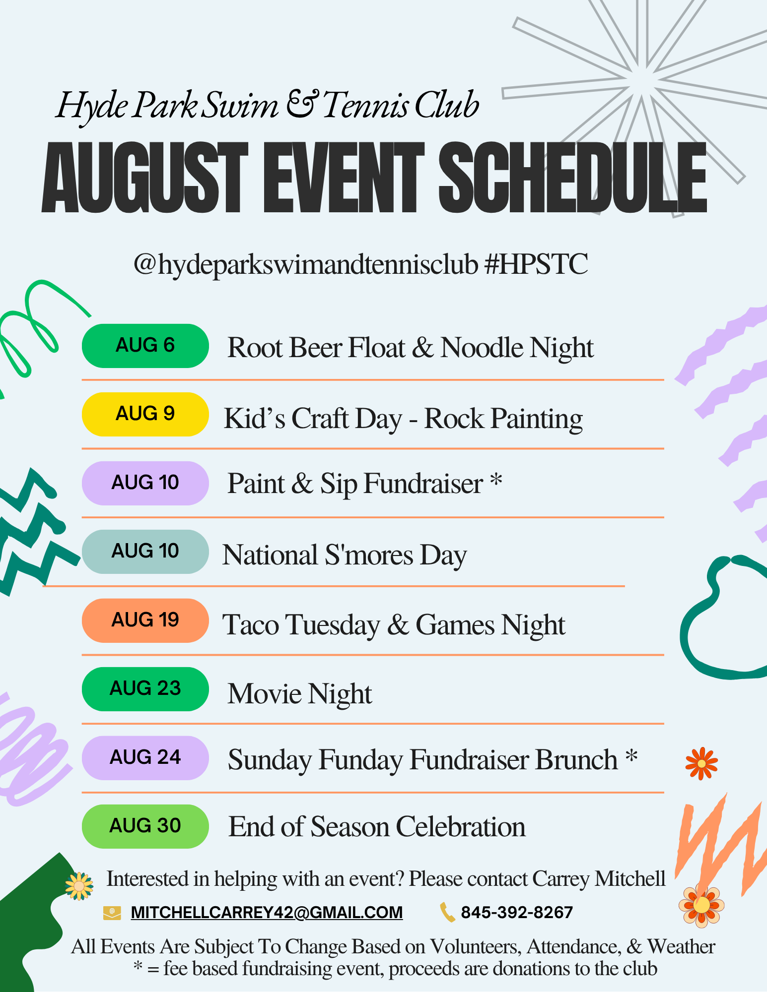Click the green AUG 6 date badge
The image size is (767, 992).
point(145,346)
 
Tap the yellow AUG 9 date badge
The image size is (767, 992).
point(145,414)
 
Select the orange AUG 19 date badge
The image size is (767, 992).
point(145,620)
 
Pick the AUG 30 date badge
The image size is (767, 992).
point(145,826)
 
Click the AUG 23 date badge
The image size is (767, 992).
point(145,689)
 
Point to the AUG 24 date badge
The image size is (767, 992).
point(145,758)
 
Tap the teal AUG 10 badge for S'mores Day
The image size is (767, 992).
point(145,552)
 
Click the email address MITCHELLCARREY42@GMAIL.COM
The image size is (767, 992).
point(267,913)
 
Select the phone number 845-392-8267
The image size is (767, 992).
point(517,913)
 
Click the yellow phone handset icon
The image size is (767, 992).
point(447,913)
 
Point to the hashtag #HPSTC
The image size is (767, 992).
point(536,264)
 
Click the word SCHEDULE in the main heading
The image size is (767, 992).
point(573,178)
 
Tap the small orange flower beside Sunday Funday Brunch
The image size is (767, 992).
point(701,763)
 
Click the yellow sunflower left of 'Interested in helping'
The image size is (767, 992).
point(79,886)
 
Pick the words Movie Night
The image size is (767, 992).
point(300,693)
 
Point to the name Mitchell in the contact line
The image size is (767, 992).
point(630,879)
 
